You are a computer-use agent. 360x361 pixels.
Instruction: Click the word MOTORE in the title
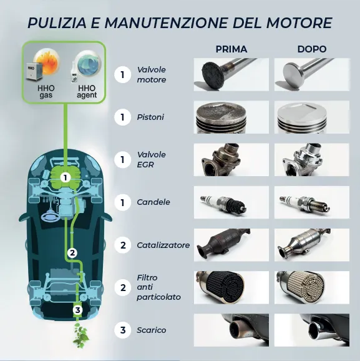pyautogui.click(x=299, y=22)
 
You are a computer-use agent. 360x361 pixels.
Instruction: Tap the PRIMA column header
pyautogui.click(x=231, y=49)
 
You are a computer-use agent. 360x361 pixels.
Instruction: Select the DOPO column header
pyautogui.click(x=312, y=49)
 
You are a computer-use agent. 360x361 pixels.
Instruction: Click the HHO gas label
pyautogui.click(x=46, y=92)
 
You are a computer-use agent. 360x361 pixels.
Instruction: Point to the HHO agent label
pyautogui.click(x=87, y=92)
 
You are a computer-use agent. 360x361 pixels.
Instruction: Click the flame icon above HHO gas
pyautogui.click(x=47, y=61)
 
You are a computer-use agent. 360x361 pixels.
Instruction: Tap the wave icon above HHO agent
pyautogui.click(x=89, y=62)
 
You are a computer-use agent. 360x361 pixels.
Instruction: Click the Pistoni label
pyautogui.click(x=150, y=117)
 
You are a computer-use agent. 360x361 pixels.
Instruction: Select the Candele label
pyautogui.click(x=153, y=202)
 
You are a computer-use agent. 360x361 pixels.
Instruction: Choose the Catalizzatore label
pyautogui.click(x=163, y=245)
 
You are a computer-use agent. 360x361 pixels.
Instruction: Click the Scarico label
pyautogui.click(x=152, y=330)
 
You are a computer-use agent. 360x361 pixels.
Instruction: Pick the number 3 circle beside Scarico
pyautogui.click(x=123, y=330)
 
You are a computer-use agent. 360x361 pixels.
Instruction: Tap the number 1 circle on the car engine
pyautogui.click(x=66, y=178)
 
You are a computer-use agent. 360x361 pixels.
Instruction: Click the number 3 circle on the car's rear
pyautogui.click(x=78, y=310)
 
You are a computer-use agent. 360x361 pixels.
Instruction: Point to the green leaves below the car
pyautogui.click(x=80, y=335)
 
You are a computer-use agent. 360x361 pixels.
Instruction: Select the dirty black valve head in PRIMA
pyautogui.click(x=213, y=74)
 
